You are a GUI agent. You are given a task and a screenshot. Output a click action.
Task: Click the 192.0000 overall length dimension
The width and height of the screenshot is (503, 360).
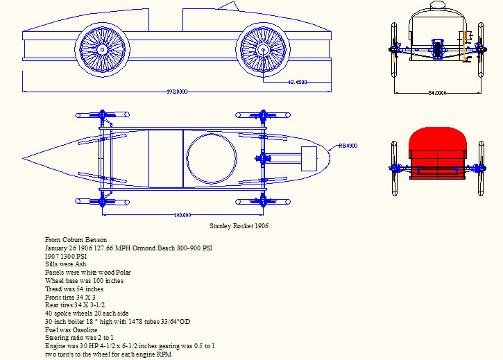tap(177, 92)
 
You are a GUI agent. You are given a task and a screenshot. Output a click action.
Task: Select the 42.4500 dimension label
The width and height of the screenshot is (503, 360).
tap(297, 83)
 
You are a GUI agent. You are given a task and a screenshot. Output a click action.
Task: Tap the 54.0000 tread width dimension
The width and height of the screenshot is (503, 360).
tap(436, 92)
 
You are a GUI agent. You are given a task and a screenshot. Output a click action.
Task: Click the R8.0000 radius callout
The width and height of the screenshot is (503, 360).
tap(347, 146)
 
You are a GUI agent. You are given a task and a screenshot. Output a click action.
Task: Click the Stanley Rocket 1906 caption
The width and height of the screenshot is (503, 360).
tap(239, 226)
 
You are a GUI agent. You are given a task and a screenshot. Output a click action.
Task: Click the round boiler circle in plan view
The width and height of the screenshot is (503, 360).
tap(212, 159)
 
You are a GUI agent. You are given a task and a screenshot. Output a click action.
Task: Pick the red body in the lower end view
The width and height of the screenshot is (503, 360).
tap(437, 149)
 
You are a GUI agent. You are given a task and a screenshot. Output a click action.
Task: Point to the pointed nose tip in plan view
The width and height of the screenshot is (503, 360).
tap(26, 154)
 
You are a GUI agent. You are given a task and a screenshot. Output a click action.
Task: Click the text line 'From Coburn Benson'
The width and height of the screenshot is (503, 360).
tap(76, 239)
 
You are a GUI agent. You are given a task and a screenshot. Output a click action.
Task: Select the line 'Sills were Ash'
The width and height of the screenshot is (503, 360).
tap(66, 264)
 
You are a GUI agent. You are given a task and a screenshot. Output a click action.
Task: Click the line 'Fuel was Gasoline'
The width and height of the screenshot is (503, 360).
tap(71, 331)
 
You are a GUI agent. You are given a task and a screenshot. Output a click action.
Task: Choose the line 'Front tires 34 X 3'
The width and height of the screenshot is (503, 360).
tap(70, 298)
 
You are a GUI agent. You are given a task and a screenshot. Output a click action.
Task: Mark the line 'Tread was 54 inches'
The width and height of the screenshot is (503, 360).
tap(74, 289)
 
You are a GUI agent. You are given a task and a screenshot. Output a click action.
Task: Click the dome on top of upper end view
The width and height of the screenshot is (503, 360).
tap(437, 6)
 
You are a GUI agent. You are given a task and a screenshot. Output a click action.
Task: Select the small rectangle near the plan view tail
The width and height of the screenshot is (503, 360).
tap(307, 157)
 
